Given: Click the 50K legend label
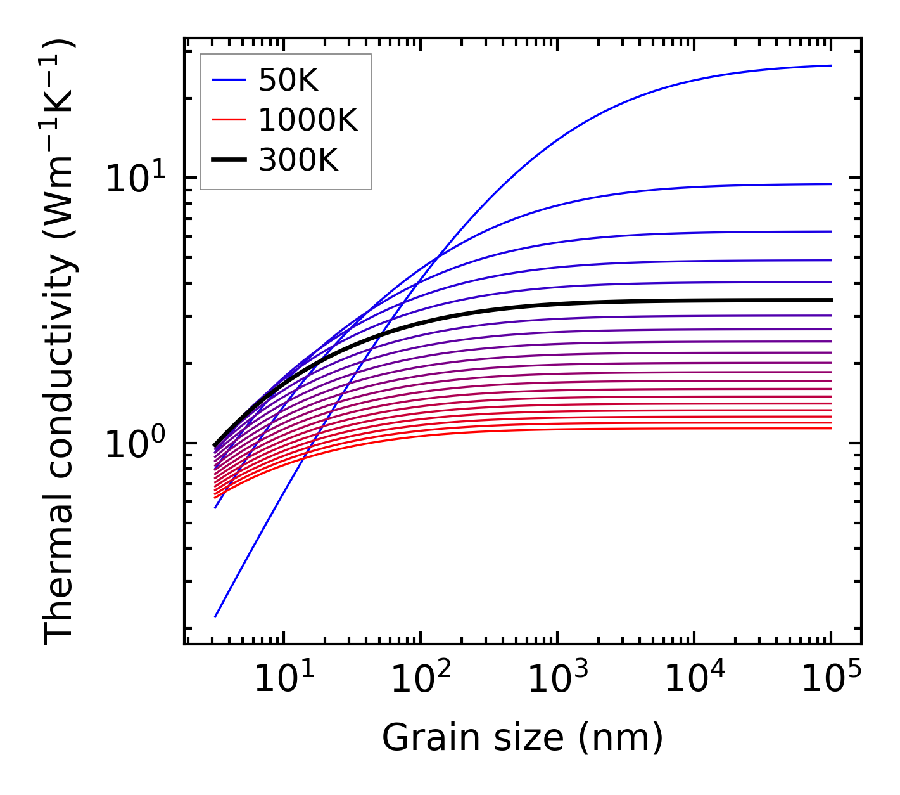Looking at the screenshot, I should pyautogui.click(x=288, y=81).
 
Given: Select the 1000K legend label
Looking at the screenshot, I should pyautogui.click(x=308, y=120).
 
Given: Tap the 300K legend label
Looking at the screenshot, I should pyautogui.click(x=298, y=160).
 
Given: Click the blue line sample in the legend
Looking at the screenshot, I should pyautogui.click(x=228, y=80).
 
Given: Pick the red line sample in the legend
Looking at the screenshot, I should pyautogui.click(x=228, y=120).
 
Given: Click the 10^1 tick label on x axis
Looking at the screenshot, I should pyautogui.click(x=283, y=680).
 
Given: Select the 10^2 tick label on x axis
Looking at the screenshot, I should pyautogui.click(x=421, y=680).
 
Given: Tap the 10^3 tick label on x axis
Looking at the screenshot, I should pyautogui.click(x=557, y=680).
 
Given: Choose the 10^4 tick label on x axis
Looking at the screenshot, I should pyautogui.click(x=694, y=680).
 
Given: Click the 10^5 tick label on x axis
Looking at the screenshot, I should pyautogui.click(x=831, y=680).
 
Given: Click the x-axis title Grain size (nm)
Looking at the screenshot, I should pyautogui.click(x=523, y=738).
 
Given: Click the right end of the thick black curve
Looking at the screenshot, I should pyautogui.click(x=830, y=300).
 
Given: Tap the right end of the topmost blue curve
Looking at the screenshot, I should pyautogui.click(x=830, y=65).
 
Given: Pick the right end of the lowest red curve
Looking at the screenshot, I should pyautogui.click(x=830, y=429).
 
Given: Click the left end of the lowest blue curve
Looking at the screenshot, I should pyautogui.click(x=216, y=616).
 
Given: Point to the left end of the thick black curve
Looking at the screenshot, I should pyautogui.click(x=215, y=445).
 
